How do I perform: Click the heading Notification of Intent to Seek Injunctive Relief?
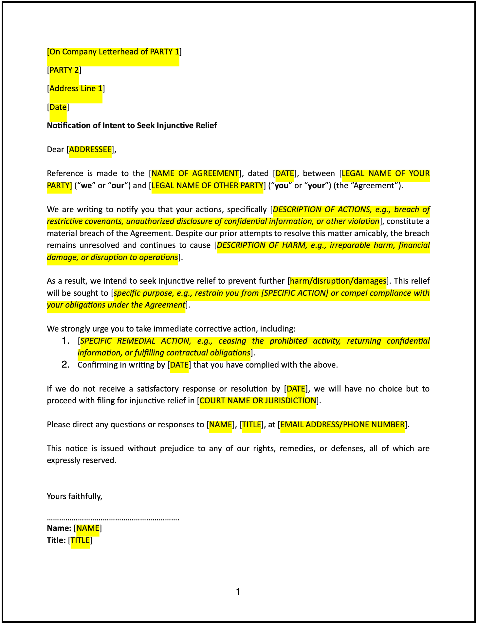(132, 126)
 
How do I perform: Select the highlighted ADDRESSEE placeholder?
(90, 150)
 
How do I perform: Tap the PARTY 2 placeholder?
(64, 70)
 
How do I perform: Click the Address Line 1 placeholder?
(76, 89)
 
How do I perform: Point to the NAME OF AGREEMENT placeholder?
(195, 173)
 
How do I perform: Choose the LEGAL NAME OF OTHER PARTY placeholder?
(207, 186)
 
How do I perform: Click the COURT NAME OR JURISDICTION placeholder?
(258, 401)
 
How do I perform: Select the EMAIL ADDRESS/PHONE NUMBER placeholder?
(342, 425)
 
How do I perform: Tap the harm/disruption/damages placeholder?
(338, 281)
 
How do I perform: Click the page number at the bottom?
(238, 592)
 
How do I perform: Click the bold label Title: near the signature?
(56, 540)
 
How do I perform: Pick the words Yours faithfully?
(75, 496)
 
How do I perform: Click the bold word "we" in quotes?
(86, 186)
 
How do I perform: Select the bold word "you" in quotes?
(282, 186)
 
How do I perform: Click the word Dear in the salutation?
(56, 150)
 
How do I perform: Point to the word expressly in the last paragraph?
(64, 460)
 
